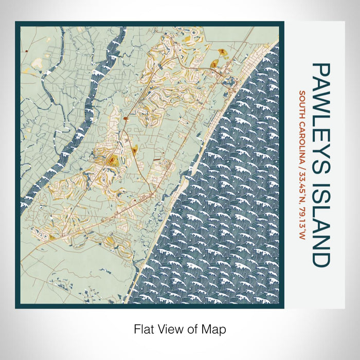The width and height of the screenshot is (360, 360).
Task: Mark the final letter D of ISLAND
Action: (x=320, y=259)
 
